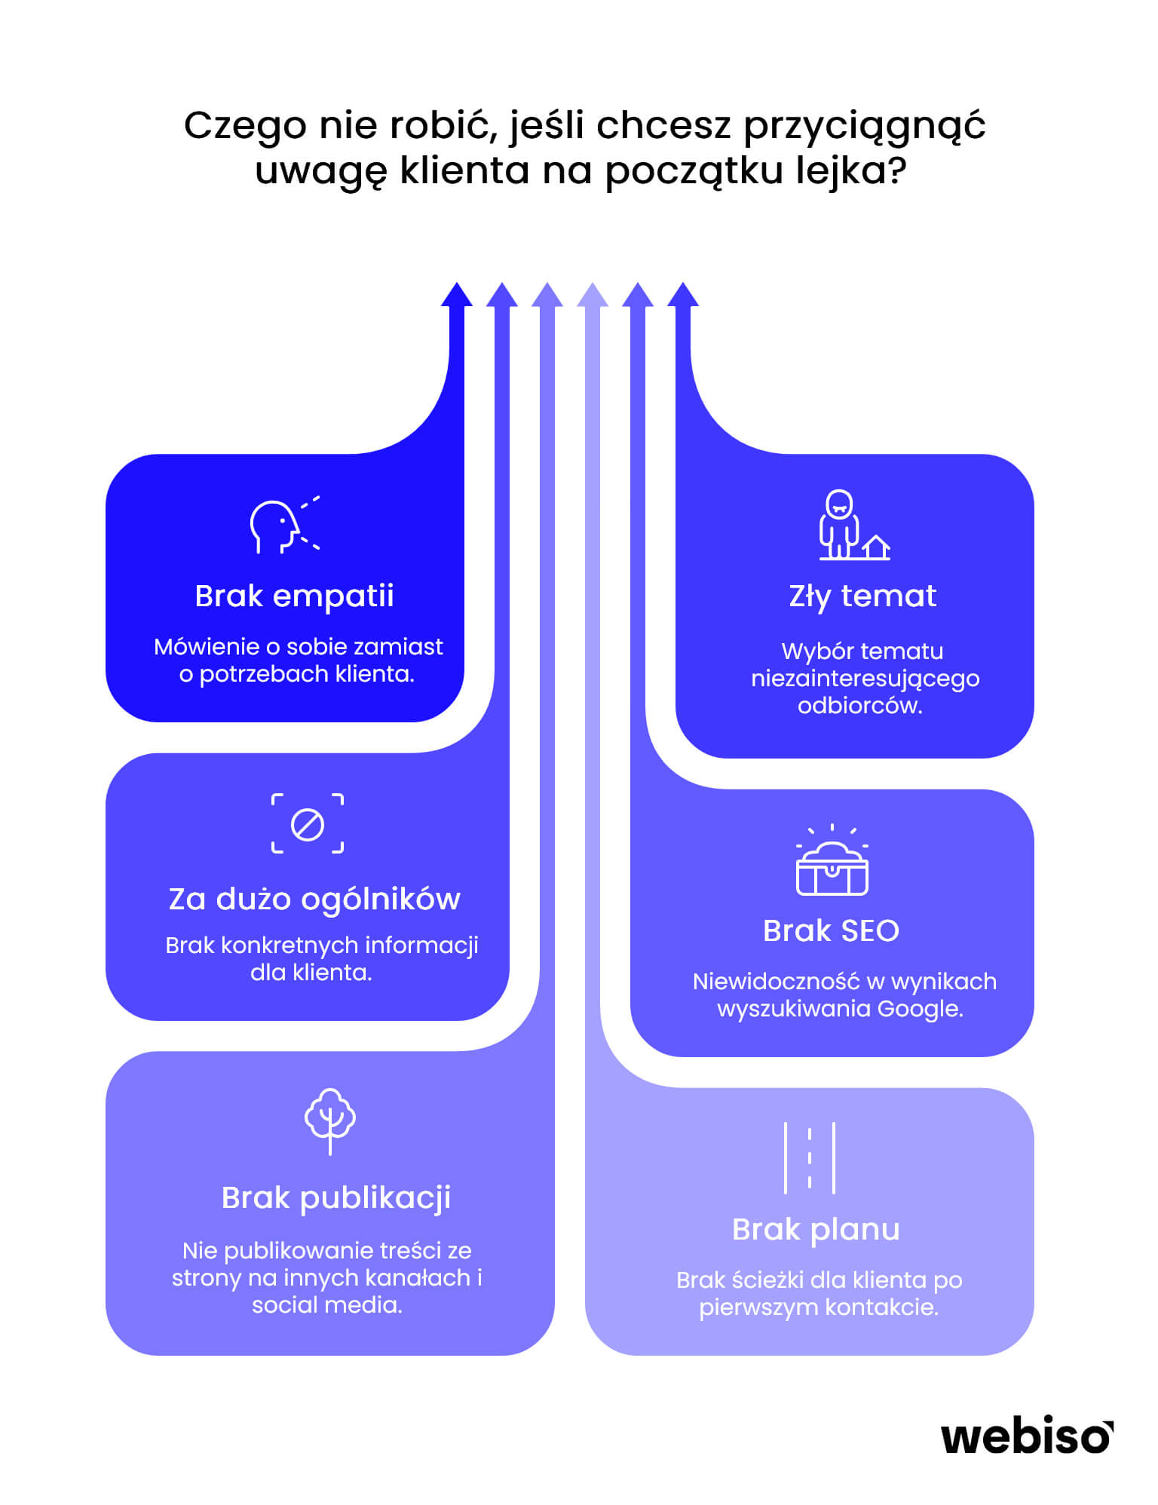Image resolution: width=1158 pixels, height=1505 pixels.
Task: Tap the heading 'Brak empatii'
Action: [294, 596]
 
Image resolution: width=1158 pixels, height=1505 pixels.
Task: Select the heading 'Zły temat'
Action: [862, 596]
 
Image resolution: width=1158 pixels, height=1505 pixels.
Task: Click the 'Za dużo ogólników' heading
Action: [314, 899]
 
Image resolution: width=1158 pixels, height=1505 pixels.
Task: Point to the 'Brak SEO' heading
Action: [831, 930]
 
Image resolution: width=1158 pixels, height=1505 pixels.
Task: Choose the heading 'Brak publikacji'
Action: [336, 1197]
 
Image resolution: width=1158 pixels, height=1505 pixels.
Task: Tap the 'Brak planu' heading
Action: [816, 1230]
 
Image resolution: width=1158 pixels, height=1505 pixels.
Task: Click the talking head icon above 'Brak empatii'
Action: [285, 525]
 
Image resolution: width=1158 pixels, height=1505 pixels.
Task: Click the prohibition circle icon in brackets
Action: [308, 823]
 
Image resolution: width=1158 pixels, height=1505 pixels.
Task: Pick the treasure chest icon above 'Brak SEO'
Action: [832, 860]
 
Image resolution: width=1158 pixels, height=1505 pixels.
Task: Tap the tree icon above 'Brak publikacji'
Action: [330, 1121]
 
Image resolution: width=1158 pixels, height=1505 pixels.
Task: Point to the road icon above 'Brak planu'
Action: [810, 1157]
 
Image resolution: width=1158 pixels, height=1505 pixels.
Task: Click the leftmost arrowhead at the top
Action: [457, 295]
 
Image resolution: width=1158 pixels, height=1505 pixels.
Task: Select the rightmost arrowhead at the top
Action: [683, 295]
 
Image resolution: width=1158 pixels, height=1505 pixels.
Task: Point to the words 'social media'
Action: [327, 1304]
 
